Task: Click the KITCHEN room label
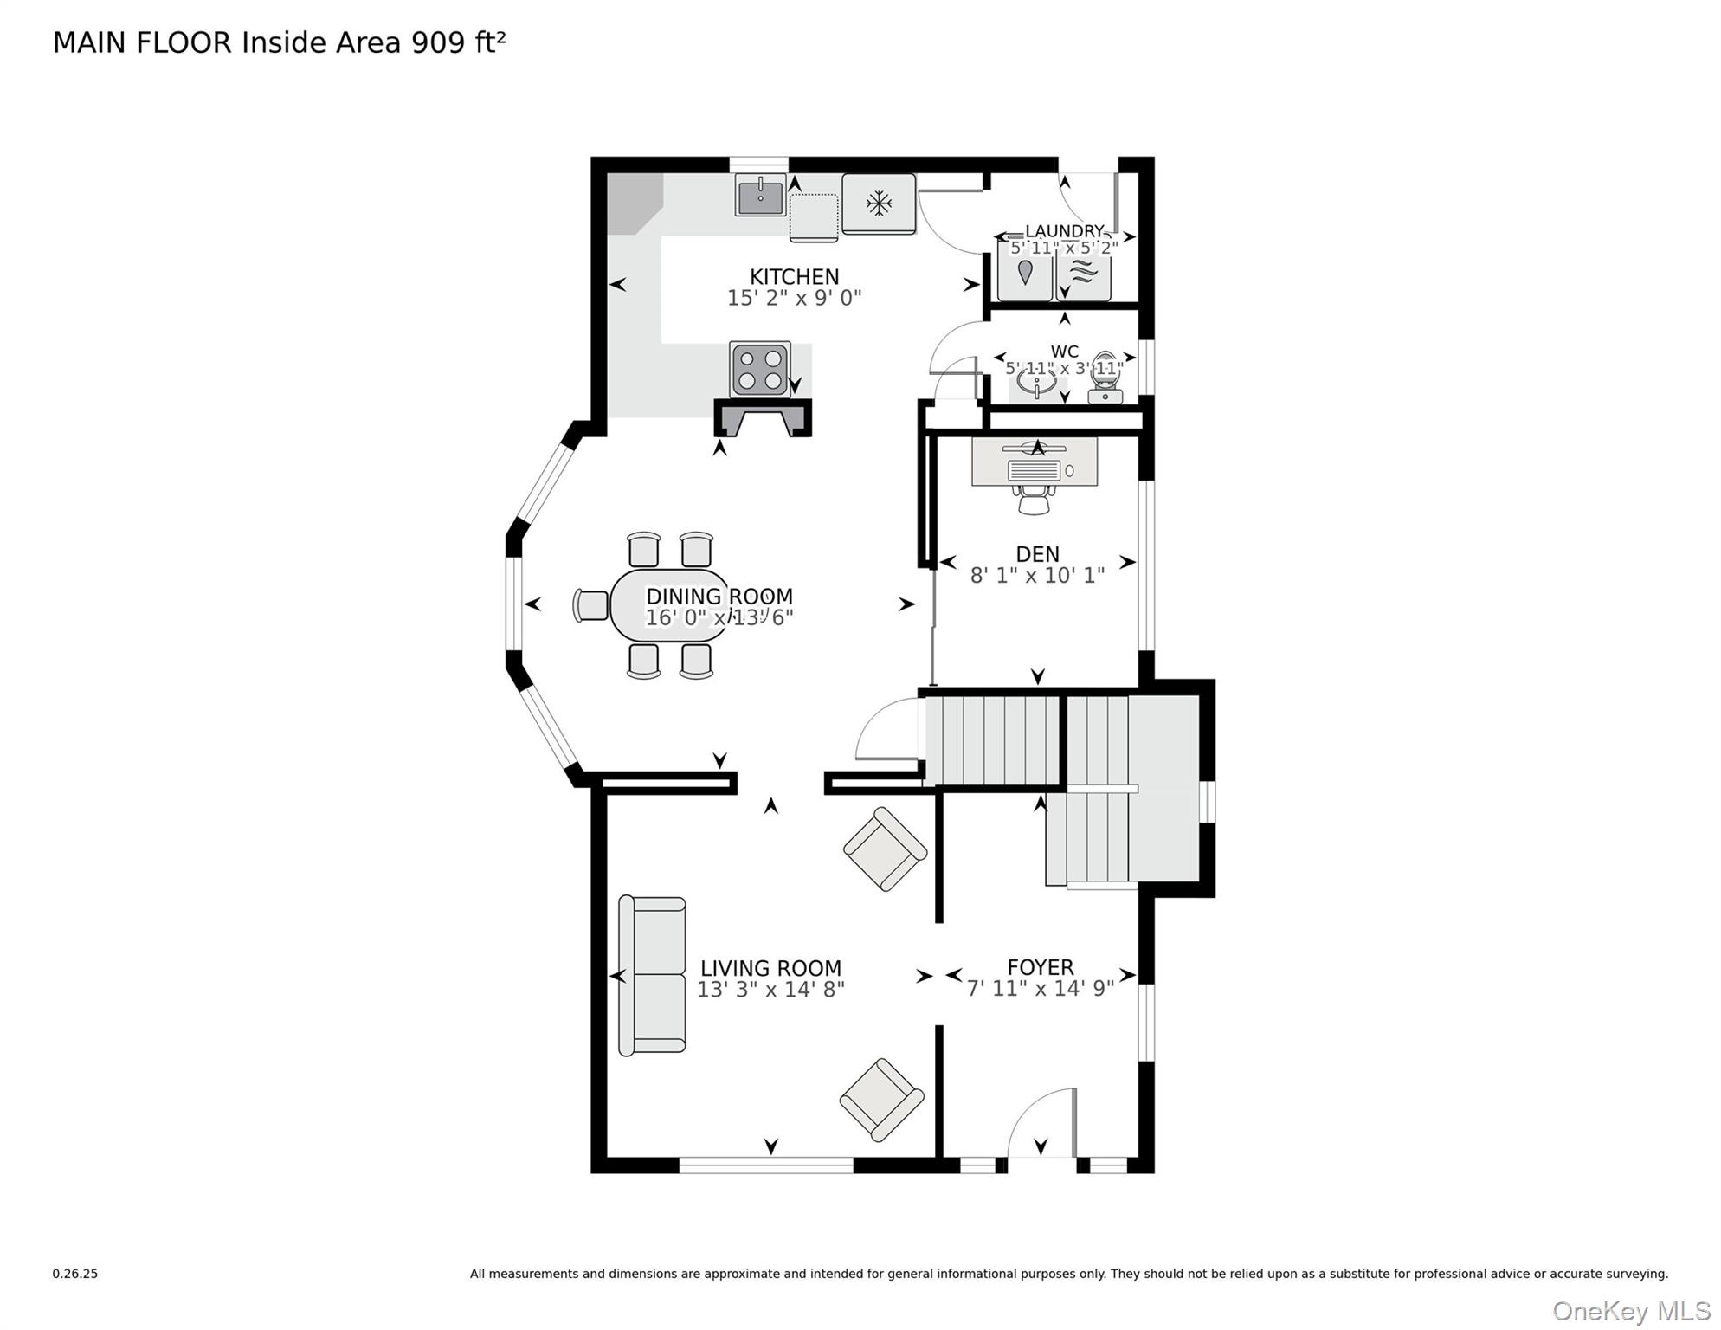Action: pyautogui.click(x=794, y=277)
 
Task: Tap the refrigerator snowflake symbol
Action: pyautogui.click(x=879, y=204)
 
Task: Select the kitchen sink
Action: pyautogui.click(x=760, y=195)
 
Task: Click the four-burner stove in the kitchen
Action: pyautogui.click(x=759, y=370)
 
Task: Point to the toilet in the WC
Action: pyautogui.click(x=1105, y=378)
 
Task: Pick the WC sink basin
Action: pyautogui.click(x=1036, y=381)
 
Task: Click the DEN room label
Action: pyautogui.click(x=1037, y=554)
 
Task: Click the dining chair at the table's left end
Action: pyautogui.click(x=591, y=605)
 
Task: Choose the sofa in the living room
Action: pyautogui.click(x=652, y=976)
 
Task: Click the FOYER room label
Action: pyautogui.click(x=1041, y=967)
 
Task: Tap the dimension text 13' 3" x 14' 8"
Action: pyautogui.click(x=770, y=989)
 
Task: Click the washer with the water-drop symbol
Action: pyautogui.click(x=1025, y=270)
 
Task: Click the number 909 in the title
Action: pyautogui.click(x=439, y=42)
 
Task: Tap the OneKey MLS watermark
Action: pyautogui.click(x=1631, y=1312)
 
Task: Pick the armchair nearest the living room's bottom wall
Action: pyautogui.click(x=881, y=1100)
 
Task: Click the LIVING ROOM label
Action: pyautogui.click(x=770, y=968)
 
